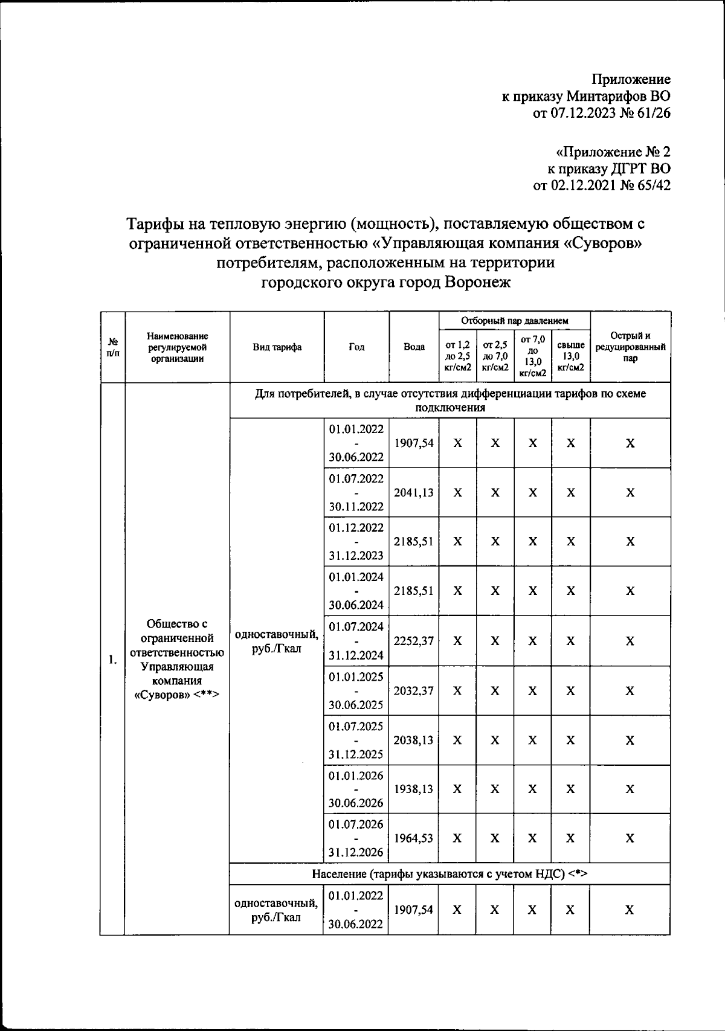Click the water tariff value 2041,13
point(414,492)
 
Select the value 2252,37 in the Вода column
point(414,641)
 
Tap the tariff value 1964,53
point(414,838)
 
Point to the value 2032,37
point(414,690)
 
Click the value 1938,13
point(414,789)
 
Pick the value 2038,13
point(414,740)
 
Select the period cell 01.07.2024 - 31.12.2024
point(356,641)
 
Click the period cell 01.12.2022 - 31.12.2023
point(356,541)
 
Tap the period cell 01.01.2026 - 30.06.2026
point(356,789)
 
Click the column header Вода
point(414,347)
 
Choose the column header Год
point(356,347)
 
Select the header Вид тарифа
point(277,347)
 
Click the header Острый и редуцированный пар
point(630,347)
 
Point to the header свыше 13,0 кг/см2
point(570,356)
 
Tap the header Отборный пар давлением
point(514,321)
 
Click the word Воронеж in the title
point(477,282)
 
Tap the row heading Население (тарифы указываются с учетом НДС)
point(449,874)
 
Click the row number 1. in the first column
point(113,659)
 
